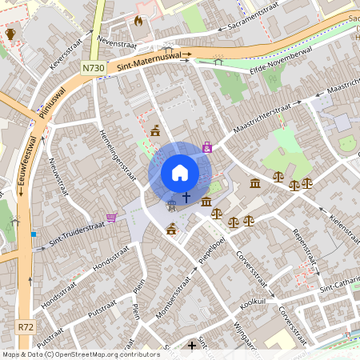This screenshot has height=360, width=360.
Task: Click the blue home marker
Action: (x=180, y=172)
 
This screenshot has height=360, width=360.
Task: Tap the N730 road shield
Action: (x=94, y=70)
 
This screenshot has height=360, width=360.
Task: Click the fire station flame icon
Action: (x=139, y=22)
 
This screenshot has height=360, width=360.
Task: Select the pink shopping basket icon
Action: (x=111, y=217)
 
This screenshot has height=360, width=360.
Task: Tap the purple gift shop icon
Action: (x=207, y=147)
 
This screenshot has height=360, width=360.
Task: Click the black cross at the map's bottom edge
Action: (x=191, y=346)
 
